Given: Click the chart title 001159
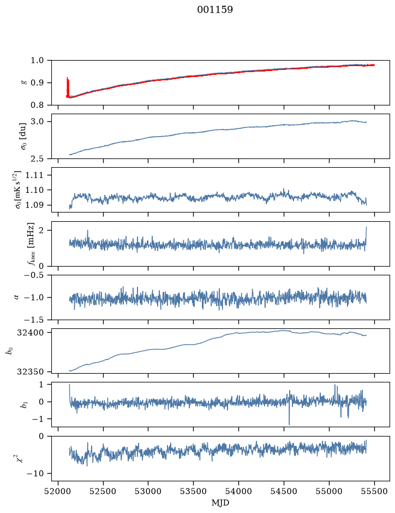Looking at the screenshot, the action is click(x=214, y=10).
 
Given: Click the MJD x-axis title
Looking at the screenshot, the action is click(x=220, y=503).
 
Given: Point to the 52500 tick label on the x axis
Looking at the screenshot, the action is click(x=103, y=491).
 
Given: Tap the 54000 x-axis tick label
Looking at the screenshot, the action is click(x=238, y=491).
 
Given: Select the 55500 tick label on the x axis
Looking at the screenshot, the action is click(x=374, y=491).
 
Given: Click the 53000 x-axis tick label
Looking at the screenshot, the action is click(x=148, y=491).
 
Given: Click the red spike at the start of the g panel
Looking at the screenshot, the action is click(x=68, y=87).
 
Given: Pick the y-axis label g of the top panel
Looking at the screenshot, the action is click(x=23, y=83).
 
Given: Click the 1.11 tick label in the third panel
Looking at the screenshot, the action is click(x=40, y=175).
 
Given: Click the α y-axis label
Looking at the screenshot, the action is click(x=17, y=297).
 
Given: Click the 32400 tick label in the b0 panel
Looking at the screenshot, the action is click(x=32, y=333).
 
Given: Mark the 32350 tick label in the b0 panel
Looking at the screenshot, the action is click(x=32, y=372).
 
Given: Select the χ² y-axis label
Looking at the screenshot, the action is click(x=21, y=458).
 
